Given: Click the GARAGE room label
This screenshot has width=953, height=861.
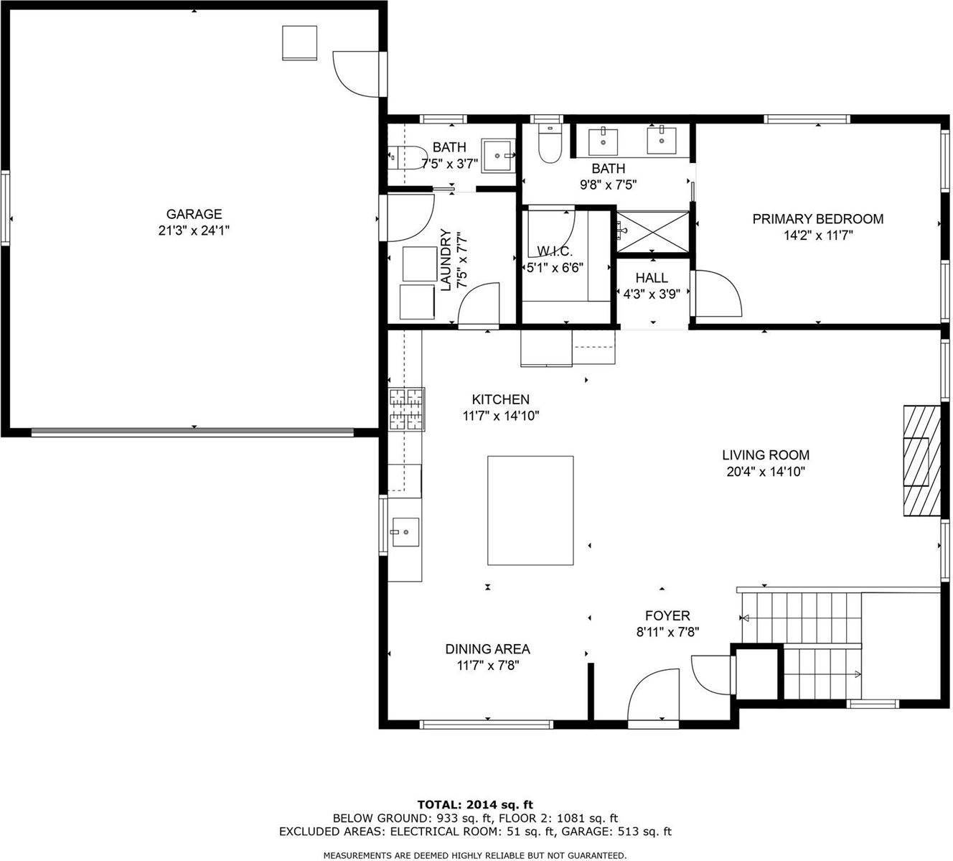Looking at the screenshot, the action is [x=194, y=214].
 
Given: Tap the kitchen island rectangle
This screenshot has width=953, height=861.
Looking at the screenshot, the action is [x=530, y=510].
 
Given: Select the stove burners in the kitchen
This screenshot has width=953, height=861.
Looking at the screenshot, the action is [x=407, y=409].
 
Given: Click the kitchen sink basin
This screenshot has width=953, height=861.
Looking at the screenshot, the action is [x=405, y=532].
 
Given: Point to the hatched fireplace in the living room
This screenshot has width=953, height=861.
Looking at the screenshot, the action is [x=921, y=460].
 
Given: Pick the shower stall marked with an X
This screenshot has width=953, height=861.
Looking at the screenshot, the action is [x=653, y=231].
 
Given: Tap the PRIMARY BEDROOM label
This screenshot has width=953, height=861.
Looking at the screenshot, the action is [x=817, y=219].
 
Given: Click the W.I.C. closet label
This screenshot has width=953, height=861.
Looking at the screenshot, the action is [x=555, y=251].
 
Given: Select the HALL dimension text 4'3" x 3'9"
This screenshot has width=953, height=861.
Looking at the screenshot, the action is [x=652, y=294].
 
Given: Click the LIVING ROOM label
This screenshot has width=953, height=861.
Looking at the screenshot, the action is [x=766, y=455].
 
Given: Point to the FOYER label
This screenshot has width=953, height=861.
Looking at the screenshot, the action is [x=667, y=615].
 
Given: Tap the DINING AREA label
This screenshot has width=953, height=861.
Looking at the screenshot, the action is [x=487, y=649].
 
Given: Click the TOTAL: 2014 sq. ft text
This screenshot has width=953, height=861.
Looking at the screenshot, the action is [x=475, y=804].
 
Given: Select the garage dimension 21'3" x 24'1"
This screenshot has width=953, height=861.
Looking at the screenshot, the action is [x=194, y=231].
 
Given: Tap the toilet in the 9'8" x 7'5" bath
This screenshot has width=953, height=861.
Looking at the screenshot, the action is [x=550, y=144].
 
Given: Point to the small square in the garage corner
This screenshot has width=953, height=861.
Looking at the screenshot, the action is [x=299, y=43].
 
